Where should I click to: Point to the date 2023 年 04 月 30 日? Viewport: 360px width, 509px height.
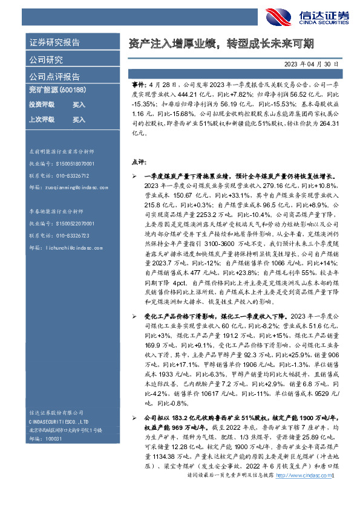coord(315,63)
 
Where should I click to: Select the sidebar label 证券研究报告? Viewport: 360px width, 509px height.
coord(55,43)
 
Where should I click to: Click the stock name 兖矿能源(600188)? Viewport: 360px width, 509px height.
coord(58,91)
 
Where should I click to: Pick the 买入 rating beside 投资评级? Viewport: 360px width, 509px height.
coord(79,105)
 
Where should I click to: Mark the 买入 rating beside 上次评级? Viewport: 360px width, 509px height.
coord(79,119)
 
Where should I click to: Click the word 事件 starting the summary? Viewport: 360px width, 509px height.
coord(137,88)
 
